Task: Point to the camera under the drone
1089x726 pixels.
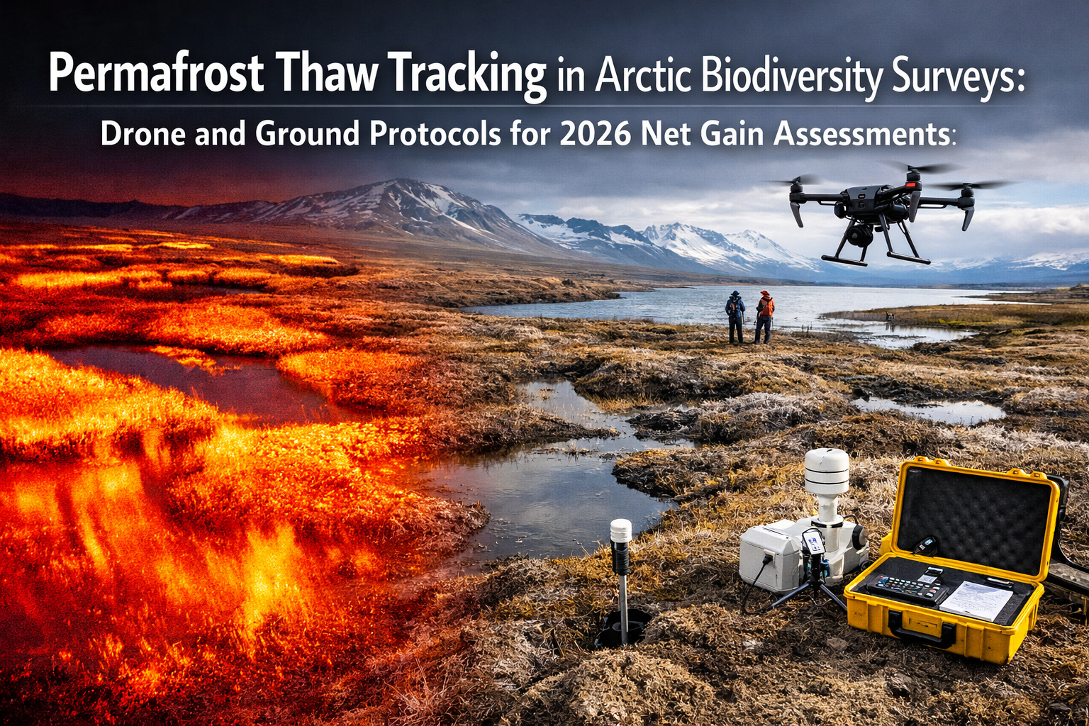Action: (859, 234)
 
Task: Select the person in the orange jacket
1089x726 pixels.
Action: (764, 315)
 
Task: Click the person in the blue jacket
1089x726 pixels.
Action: (735, 315)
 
